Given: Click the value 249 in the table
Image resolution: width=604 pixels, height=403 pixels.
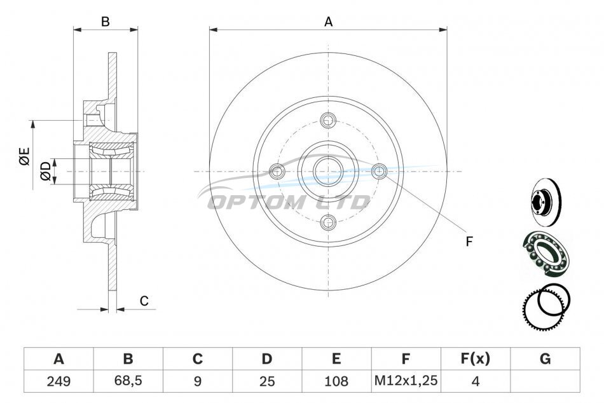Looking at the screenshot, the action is point(58,381).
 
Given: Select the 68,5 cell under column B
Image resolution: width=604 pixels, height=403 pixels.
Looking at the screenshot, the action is point(128,381).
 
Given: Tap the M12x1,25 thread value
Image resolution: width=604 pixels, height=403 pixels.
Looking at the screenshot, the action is point(406,381).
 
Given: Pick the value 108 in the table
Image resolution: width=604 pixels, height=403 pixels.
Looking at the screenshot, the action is point(336,381).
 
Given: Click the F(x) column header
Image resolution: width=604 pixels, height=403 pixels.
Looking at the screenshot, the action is point(476,359).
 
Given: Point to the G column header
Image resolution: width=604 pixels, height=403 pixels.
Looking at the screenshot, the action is point(545,359).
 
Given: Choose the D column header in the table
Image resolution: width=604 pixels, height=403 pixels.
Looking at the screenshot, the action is point(266,359).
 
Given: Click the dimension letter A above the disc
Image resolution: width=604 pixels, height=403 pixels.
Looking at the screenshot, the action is point(328,22).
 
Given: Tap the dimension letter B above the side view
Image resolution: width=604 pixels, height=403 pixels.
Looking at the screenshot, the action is point(105,22).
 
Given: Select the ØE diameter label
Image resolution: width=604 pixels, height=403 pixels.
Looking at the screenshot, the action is point(24,156).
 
